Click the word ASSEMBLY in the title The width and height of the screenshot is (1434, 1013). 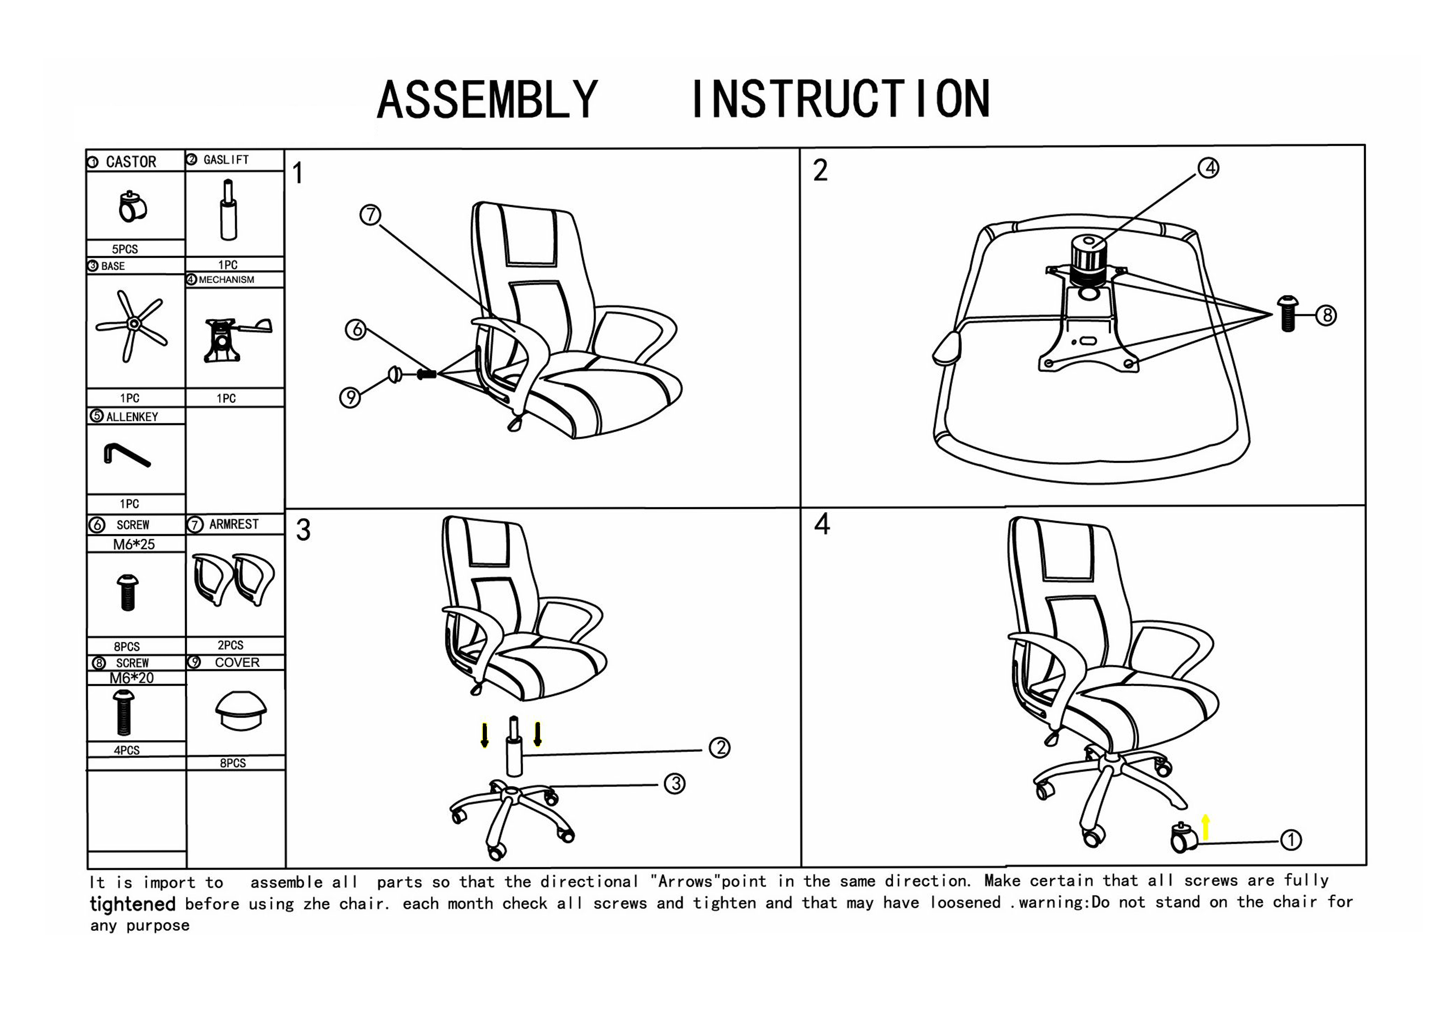click(487, 100)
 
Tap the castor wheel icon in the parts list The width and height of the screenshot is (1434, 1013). click(131, 207)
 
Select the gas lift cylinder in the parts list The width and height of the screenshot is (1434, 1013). click(229, 210)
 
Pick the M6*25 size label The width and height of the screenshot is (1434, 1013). click(134, 544)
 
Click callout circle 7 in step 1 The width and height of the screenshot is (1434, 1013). click(370, 215)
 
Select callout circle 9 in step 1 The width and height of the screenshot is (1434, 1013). click(350, 397)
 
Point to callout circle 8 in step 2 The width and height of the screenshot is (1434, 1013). click(1325, 316)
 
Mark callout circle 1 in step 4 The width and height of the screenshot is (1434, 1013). click(1291, 840)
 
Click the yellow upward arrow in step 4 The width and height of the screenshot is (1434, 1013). click(1206, 828)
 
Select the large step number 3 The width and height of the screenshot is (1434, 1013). click(304, 531)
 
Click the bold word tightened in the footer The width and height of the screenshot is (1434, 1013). click(132, 904)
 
